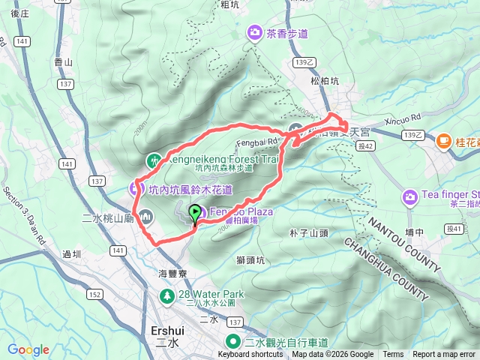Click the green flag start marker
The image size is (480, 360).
196,214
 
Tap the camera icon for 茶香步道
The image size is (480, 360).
255,32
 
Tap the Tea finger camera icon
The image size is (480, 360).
409,197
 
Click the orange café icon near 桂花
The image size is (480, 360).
443,141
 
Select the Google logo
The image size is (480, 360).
28,349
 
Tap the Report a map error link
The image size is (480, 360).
444,355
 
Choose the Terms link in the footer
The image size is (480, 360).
393,355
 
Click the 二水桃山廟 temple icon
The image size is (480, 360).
145,218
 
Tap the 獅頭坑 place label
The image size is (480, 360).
250,260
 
